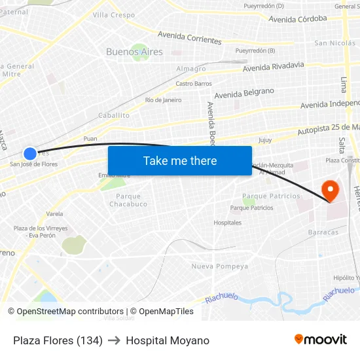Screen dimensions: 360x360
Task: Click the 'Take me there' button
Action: [x=180, y=160]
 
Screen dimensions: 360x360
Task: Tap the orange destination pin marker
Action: [x=331, y=190]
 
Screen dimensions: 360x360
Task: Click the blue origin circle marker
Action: [x=30, y=154]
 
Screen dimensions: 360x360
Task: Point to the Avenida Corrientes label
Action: [x=190, y=37]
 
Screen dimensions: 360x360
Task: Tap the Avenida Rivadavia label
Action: [x=273, y=67]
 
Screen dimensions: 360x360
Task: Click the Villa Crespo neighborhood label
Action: [x=114, y=15]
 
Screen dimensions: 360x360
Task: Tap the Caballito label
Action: [x=114, y=115]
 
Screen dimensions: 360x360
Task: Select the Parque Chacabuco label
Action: [x=128, y=200]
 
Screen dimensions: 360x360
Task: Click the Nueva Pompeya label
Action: [x=219, y=266]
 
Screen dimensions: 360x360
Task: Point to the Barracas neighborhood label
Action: [x=323, y=232]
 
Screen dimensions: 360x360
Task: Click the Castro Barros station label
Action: [x=194, y=84]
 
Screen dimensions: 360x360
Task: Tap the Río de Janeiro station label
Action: [x=164, y=100]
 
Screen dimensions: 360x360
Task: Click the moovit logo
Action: [x=321, y=340]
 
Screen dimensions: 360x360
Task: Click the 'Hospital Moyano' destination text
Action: [x=168, y=340]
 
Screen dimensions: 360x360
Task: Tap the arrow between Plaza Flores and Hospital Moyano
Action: [x=114, y=340]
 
